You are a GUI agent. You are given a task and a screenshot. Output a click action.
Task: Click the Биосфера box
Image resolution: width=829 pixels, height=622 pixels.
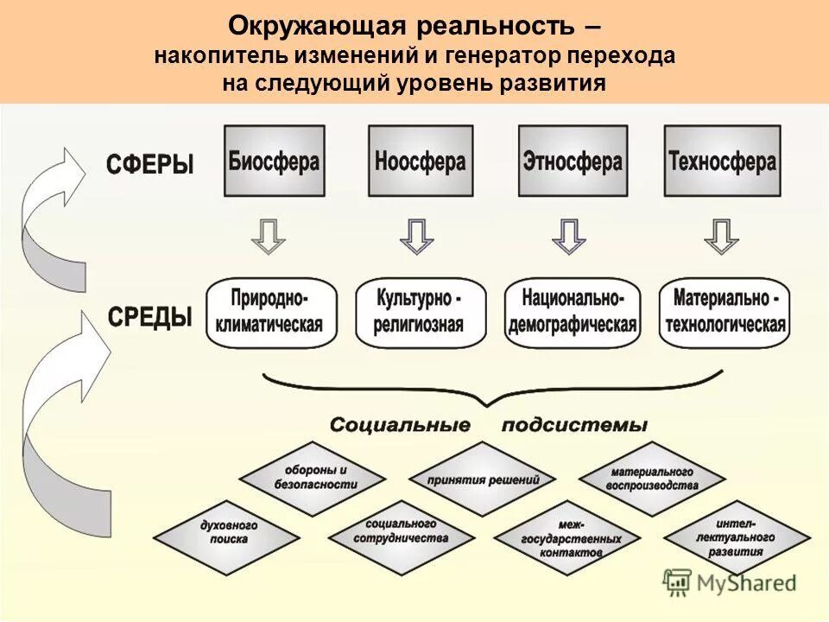(x=275, y=161)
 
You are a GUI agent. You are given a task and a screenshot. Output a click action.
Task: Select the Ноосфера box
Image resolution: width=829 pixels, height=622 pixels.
(x=421, y=161)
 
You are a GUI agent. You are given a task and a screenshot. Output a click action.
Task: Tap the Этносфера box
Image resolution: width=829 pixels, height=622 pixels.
(x=572, y=161)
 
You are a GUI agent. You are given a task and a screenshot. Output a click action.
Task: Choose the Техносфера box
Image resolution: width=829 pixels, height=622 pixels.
(x=722, y=161)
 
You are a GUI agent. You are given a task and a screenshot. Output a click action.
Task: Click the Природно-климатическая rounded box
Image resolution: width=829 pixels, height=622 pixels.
(x=270, y=313)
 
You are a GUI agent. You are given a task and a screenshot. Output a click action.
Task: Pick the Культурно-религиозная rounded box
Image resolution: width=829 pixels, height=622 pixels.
(x=420, y=313)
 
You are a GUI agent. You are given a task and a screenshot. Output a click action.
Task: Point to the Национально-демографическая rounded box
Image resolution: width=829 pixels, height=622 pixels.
(x=572, y=313)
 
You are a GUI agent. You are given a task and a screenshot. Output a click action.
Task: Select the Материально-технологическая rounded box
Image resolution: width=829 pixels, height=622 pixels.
(x=724, y=313)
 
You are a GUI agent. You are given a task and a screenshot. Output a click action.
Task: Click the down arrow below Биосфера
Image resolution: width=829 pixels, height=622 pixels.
(x=269, y=236)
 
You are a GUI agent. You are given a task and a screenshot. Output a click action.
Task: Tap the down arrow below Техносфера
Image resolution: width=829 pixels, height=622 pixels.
(x=721, y=236)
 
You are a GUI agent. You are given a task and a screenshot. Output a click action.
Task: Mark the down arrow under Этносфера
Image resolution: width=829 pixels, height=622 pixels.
(x=568, y=236)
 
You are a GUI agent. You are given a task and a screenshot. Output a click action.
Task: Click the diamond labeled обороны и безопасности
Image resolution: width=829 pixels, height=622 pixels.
(x=312, y=478)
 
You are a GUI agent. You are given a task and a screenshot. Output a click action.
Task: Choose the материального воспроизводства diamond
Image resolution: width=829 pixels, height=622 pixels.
(x=653, y=479)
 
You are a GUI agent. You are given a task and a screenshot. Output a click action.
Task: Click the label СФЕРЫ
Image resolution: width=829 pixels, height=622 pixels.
(x=149, y=164)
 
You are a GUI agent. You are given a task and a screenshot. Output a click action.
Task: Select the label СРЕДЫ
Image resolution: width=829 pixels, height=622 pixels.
(x=149, y=317)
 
